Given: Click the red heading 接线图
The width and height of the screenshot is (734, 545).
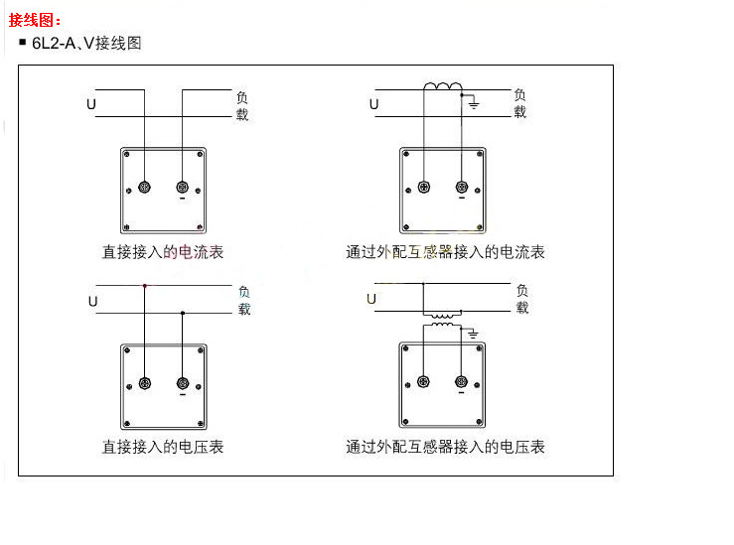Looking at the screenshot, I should click(x=35, y=20).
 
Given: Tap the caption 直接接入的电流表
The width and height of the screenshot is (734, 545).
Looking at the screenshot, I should click(x=163, y=252).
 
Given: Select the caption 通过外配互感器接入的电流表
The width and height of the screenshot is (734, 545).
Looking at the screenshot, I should click(x=445, y=252).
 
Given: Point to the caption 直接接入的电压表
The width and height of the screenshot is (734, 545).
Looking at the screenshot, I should click(x=163, y=447).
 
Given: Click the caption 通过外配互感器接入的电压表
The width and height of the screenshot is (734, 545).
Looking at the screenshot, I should click(x=445, y=447).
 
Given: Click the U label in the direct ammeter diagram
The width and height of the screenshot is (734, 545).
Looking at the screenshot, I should click(x=92, y=103).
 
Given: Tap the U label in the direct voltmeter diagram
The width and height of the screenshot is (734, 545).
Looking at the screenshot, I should click(x=92, y=300).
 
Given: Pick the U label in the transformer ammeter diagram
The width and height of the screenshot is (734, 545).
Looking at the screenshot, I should click(x=373, y=103).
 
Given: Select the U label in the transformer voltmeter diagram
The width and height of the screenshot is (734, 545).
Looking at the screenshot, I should click(x=371, y=298).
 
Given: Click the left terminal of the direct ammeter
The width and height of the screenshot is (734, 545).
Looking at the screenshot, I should click(x=145, y=188).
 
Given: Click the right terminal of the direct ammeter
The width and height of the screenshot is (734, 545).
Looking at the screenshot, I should click(x=183, y=188).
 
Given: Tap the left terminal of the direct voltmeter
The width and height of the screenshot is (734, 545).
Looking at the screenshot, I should click(x=145, y=383).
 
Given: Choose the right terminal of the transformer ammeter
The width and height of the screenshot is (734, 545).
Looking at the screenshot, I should click(x=461, y=188).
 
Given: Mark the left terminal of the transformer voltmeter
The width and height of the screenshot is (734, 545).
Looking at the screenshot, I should click(x=424, y=382).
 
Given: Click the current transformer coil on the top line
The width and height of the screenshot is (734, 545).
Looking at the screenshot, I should click(x=442, y=88).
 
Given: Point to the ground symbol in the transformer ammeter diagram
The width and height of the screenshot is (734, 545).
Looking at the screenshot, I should click(x=474, y=103).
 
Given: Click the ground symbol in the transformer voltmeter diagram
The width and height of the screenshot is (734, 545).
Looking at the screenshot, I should click(x=474, y=333).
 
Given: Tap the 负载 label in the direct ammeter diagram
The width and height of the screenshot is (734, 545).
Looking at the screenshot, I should click(x=242, y=106).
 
